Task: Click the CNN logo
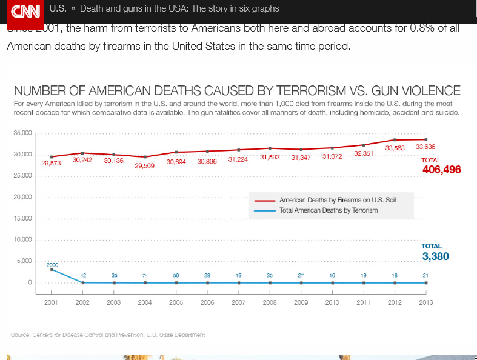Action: click(25, 10)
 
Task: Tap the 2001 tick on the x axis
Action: click(52, 302)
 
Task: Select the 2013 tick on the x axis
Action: click(425, 302)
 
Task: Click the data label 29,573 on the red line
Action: click(51, 163)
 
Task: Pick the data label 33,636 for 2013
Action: click(425, 147)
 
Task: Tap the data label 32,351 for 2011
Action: click(364, 153)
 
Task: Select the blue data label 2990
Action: click(52, 265)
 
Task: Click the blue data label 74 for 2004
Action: click(145, 275)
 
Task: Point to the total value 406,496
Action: click(441, 170)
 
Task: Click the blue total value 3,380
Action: click(435, 256)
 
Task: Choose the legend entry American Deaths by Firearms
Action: click(338, 200)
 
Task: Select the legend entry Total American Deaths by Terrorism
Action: click(329, 210)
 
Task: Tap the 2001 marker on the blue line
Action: click(52, 269)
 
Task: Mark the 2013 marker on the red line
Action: click(425, 139)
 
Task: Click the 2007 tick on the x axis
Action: click(238, 302)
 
